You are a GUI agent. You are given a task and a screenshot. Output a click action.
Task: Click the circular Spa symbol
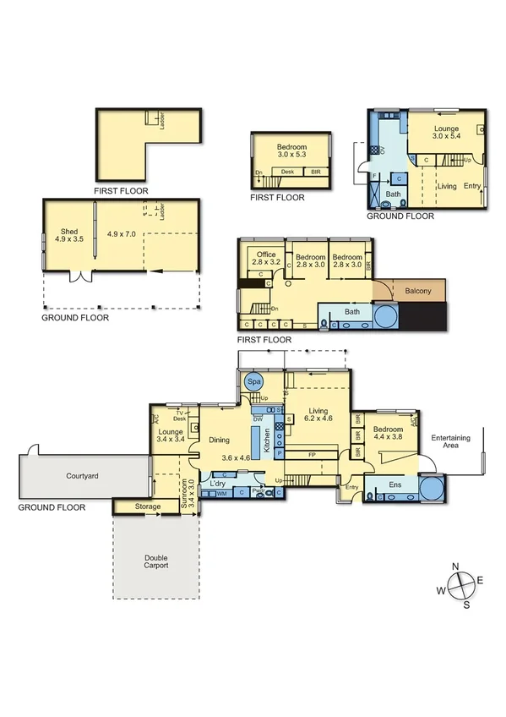[253, 382]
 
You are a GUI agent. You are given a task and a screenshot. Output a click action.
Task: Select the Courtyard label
[83, 477]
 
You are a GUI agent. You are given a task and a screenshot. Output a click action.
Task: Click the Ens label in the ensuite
[394, 485]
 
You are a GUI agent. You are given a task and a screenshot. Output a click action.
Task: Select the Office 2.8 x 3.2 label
[266, 259]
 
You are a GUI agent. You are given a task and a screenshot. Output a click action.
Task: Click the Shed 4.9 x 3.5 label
[69, 234]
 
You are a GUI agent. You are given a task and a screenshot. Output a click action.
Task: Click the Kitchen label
[268, 439]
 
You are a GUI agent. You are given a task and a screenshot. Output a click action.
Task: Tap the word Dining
[219, 440]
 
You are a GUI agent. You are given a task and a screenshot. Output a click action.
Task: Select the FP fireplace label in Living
[312, 455]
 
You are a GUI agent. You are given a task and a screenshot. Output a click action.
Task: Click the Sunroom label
[188, 490]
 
